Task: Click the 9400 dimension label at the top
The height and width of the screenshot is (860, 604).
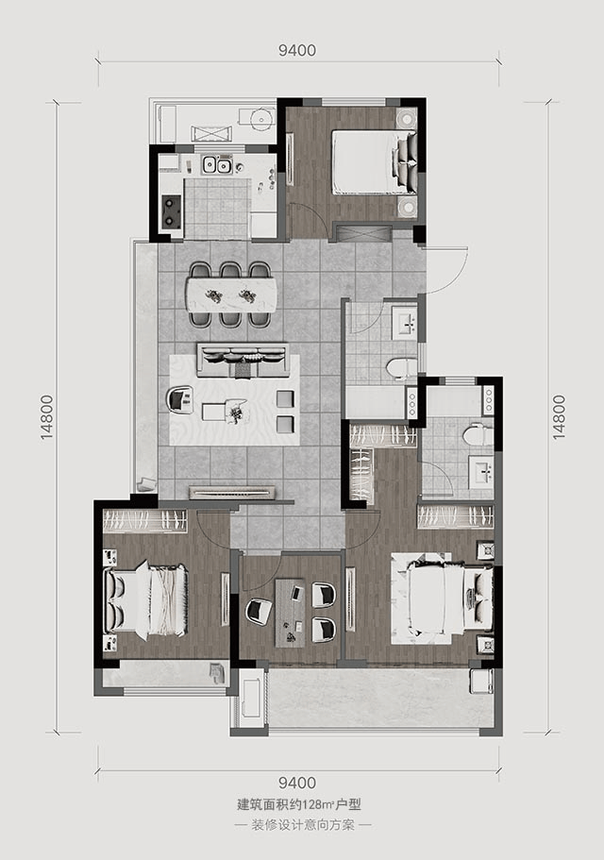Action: pyautogui.click(x=297, y=50)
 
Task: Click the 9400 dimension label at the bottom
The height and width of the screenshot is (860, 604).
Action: pyautogui.click(x=297, y=783)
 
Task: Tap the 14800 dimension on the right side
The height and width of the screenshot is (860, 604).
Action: pyautogui.click(x=558, y=417)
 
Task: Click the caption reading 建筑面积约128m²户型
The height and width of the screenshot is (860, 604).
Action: pyautogui.click(x=299, y=805)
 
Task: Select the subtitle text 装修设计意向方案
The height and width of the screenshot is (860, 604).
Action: pyautogui.click(x=303, y=825)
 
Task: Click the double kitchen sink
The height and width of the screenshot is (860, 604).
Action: pyautogui.click(x=216, y=164)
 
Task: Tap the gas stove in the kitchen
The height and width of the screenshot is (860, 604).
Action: pyautogui.click(x=172, y=212)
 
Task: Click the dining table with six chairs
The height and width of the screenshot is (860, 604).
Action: pyautogui.click(x=231, y=295)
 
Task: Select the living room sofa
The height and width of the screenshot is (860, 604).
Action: pyautogui.click(x=243, y=361)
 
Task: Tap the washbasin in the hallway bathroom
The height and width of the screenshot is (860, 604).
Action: pyautogui.click(x=405, y=321)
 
